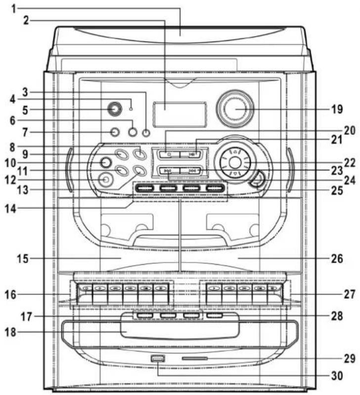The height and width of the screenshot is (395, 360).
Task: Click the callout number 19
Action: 337,109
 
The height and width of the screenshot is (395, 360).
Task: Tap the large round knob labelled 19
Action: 235,109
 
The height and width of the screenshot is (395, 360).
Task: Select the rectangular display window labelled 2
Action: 180,114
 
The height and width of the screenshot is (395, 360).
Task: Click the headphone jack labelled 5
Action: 115,109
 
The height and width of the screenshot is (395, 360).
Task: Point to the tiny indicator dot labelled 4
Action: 131,109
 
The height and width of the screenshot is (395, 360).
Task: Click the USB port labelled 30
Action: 158,358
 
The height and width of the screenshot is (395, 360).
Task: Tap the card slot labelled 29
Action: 195,358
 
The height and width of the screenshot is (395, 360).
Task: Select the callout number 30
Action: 337,376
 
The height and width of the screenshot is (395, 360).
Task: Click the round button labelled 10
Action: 105,162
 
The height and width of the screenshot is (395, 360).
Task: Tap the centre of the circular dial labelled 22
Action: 235,162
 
